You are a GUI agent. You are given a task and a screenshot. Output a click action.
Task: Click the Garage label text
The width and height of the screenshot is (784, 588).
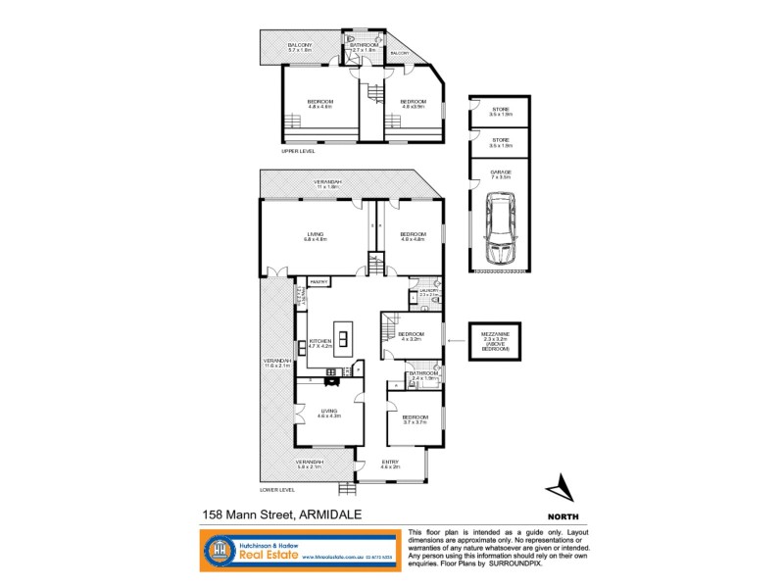point(500,174)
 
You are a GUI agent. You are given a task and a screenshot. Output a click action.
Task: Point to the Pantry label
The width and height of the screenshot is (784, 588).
point(318,282)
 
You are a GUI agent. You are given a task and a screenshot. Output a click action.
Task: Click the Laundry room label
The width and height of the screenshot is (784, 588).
point(427,292)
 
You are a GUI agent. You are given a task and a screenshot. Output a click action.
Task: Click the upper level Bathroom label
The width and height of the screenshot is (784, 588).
point(365,46)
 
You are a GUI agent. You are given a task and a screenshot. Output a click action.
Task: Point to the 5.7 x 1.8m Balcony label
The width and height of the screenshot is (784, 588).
point(300,47)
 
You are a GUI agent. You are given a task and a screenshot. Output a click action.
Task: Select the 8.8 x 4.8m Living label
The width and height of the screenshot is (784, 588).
point(315,236)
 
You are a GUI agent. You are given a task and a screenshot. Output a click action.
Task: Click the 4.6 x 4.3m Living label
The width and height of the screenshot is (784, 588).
point(328,415)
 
